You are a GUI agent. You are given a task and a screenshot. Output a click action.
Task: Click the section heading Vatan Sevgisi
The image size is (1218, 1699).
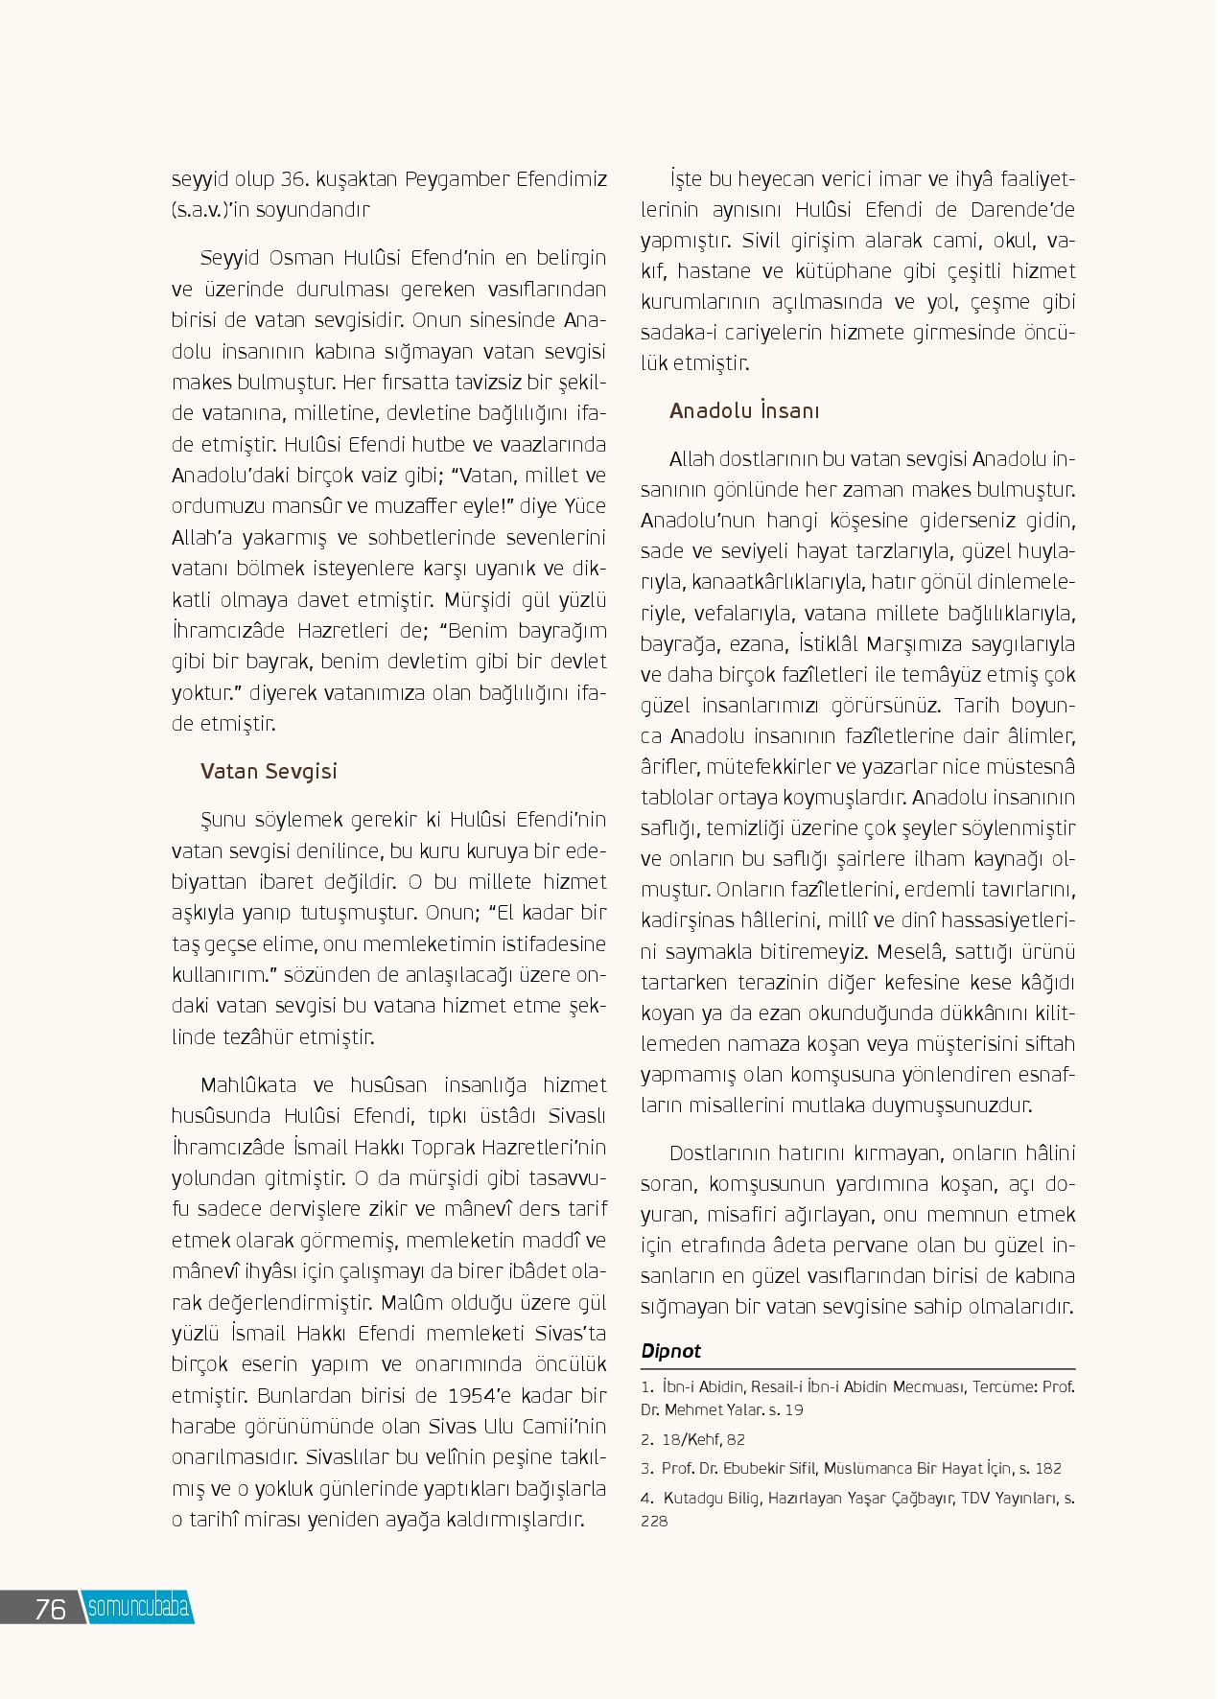coord(269,772)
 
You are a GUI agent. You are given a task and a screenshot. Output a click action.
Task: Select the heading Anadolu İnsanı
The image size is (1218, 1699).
coord(744,411)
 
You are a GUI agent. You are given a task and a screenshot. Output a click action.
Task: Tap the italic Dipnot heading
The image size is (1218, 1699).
coord(670,1350)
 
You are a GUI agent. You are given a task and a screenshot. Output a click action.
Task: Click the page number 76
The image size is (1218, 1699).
coord(50,1609)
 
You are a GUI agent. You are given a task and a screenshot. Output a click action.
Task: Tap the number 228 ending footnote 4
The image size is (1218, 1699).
coord(656,1520)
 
